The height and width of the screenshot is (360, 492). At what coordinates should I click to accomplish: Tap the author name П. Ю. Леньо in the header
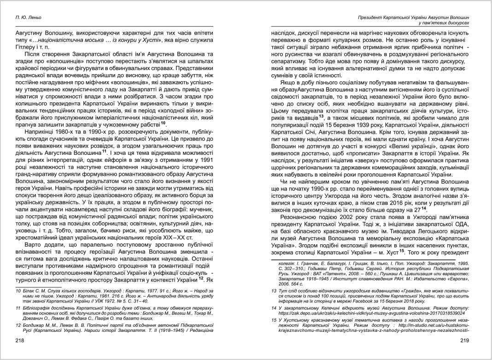tap(28, 17)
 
